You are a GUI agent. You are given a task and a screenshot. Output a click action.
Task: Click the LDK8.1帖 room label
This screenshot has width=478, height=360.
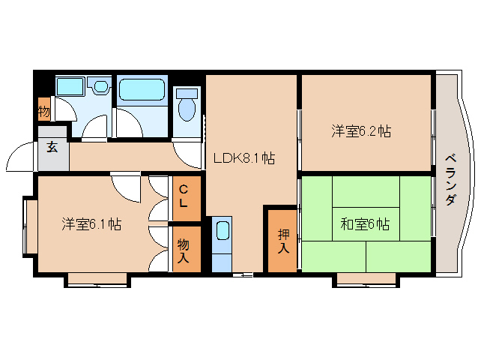point(243,159)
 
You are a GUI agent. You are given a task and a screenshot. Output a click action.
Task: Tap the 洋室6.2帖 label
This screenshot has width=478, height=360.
point(361,131)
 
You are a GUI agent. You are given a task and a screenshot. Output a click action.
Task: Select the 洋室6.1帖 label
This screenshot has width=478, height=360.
point(92,223)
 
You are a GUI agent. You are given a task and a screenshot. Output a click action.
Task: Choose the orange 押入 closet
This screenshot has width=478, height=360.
point(282,240)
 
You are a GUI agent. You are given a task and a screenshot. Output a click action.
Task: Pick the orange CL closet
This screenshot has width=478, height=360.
point(184,197)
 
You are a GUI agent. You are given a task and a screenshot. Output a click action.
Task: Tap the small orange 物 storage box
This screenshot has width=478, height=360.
point(44,110)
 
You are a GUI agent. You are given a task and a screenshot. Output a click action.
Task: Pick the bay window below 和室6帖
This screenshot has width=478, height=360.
point(366,279)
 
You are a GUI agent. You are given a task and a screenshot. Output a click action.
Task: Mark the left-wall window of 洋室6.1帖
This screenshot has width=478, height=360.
point(27,226)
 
